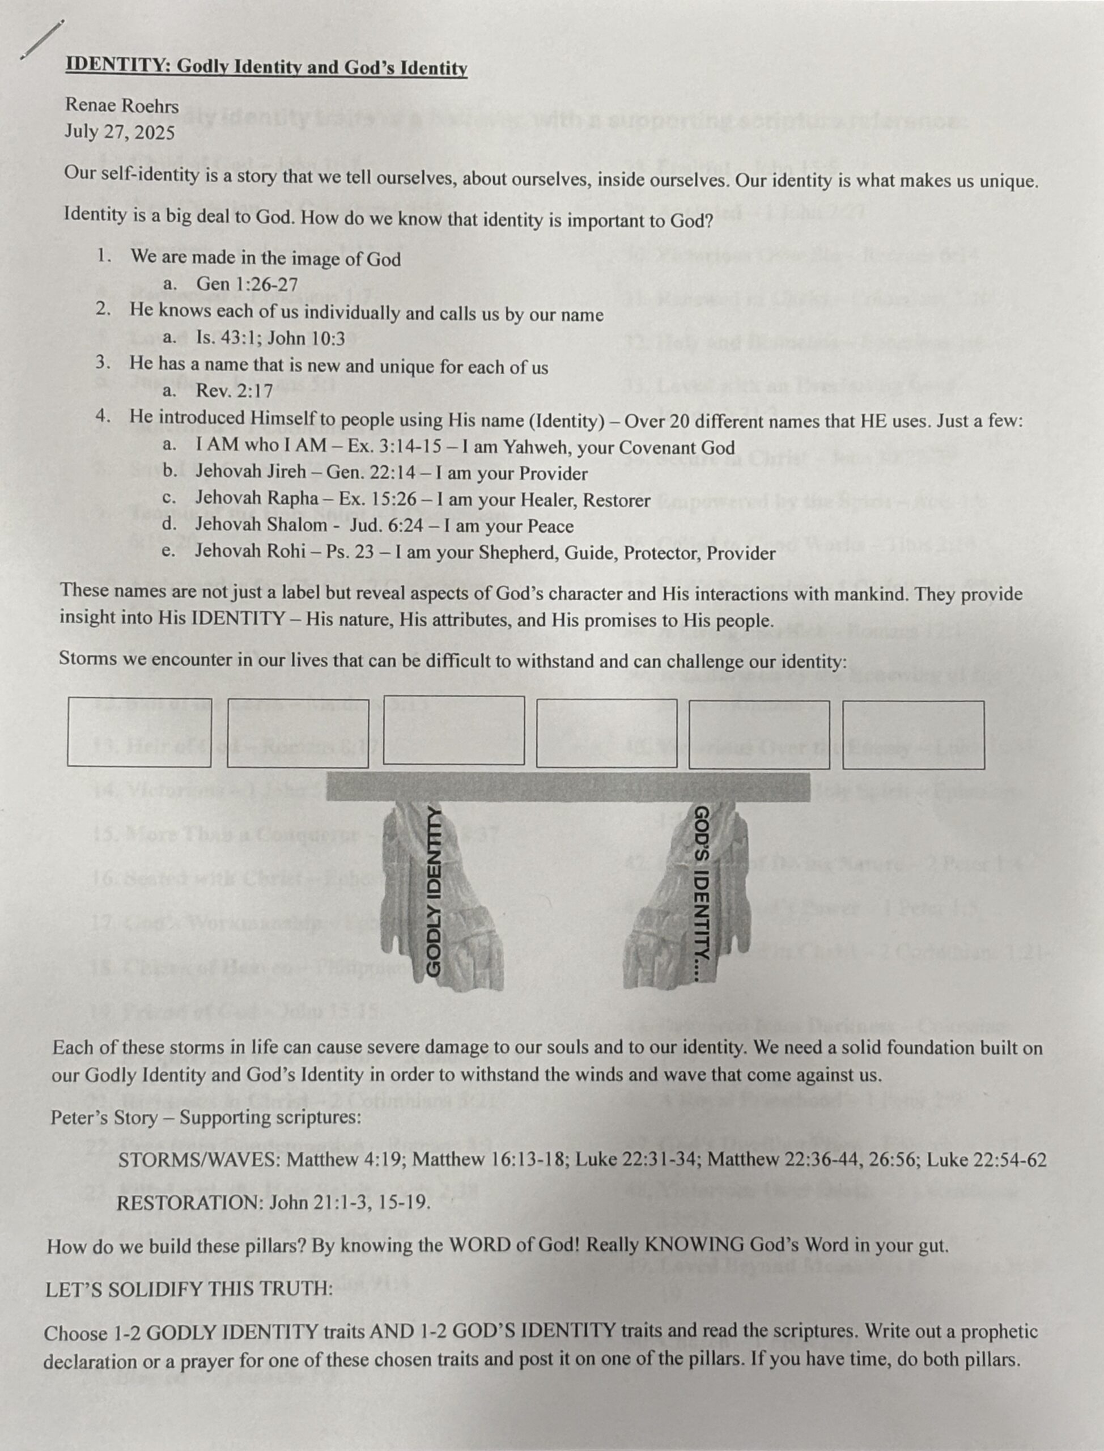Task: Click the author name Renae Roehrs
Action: pyautogui.click(x=122, y=105)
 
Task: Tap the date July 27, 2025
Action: pyautogui.click(x=120, y=133)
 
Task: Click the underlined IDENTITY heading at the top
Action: pyautogui.click(x=266, y=67)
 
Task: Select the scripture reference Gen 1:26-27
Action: pyautogui.click(x=247, y=285)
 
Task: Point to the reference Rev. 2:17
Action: pyautogui.click(x=234, y=391)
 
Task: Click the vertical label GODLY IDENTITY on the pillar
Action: pyautogui.click(x=433, y=890)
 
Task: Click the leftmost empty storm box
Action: pyautogui.click(x=139, y=732)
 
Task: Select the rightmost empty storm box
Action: pyautogui.click(x=914, y=735)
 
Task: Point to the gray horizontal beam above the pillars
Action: pyautogui.click(x=568, y=787)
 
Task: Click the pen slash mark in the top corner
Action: pyautogui.click(x=42, y=40)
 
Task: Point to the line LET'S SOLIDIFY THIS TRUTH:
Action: pyautogui.click(x=189, y=1289)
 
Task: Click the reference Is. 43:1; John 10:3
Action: pyautogui.click(x=270, y=338)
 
